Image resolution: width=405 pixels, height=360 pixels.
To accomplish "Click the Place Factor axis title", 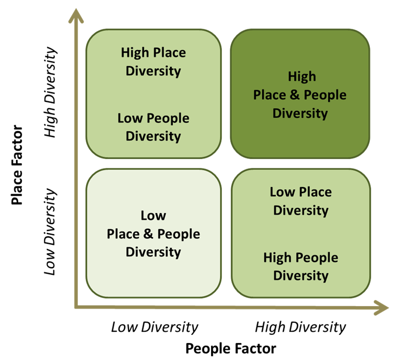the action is coord(17,165).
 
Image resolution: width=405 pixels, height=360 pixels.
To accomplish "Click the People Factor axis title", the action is coord(231,348).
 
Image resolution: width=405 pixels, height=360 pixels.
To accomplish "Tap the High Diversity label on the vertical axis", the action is coord(50,92).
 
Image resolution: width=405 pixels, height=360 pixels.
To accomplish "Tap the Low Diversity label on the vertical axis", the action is coord(50,231).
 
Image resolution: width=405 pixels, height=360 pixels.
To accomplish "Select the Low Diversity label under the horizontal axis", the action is coord(155,327).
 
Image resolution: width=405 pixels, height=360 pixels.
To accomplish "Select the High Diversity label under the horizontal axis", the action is coord(301,327).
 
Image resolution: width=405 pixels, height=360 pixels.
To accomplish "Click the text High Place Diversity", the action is coord(153,62).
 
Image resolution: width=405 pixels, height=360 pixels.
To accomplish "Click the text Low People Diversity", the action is coord(153,127).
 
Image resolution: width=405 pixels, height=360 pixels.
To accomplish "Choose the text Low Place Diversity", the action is coord(301,201).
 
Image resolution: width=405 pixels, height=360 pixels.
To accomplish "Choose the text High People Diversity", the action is coord(301,267).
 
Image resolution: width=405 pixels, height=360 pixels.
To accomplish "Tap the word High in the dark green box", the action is coord(302,77).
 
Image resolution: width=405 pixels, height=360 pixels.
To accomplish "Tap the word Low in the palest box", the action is coord(153,215).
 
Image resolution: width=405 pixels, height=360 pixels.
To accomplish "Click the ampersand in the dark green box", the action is coord(295,95).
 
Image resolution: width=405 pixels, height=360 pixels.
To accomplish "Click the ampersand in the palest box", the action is coord(148,234).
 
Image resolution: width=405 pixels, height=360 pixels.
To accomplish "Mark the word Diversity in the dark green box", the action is coord(300,114).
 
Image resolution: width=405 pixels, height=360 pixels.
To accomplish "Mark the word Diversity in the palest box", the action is coord(153,252).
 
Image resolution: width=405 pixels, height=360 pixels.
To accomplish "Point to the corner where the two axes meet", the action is coord(76,307).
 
